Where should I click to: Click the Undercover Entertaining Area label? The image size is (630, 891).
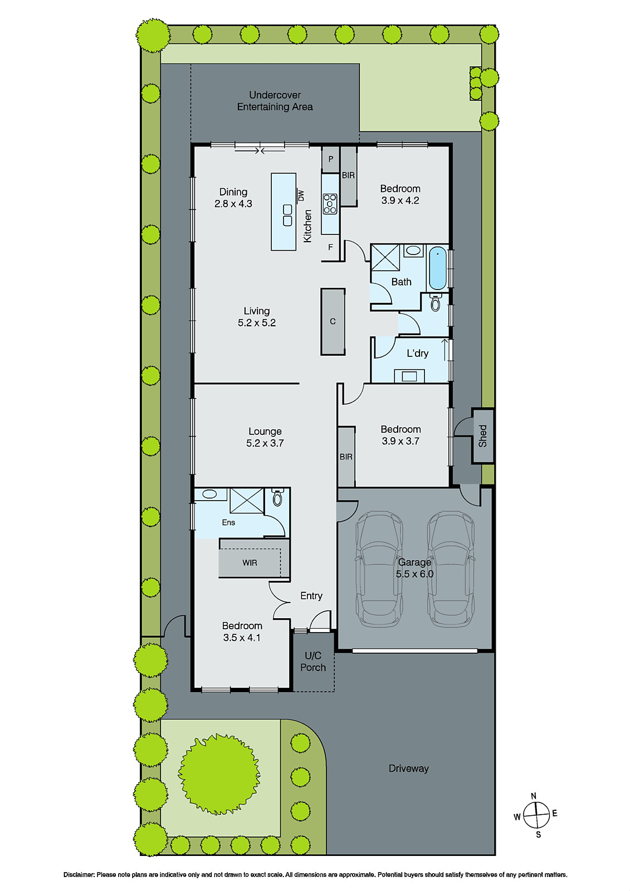275,101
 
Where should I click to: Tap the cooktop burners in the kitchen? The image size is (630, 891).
330,204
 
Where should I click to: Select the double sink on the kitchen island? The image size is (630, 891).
287,215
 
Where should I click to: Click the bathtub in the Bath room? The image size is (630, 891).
438,268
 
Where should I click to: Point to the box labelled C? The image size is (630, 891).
333,321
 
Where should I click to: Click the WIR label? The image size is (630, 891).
250,563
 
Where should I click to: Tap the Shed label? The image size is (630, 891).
482,435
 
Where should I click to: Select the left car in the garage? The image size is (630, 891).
379,569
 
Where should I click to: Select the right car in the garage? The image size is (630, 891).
451,569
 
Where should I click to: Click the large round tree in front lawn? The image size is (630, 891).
219,773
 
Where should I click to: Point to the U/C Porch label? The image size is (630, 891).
313,662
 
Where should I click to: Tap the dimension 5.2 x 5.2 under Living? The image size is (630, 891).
257,323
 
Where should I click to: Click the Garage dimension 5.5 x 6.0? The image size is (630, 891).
414,574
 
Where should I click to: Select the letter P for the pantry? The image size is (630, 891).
330,159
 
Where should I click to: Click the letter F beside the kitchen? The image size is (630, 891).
330,247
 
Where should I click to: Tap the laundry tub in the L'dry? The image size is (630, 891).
409,376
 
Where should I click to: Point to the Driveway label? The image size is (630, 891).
408,768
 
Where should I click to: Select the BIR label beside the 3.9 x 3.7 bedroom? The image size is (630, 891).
346,457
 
